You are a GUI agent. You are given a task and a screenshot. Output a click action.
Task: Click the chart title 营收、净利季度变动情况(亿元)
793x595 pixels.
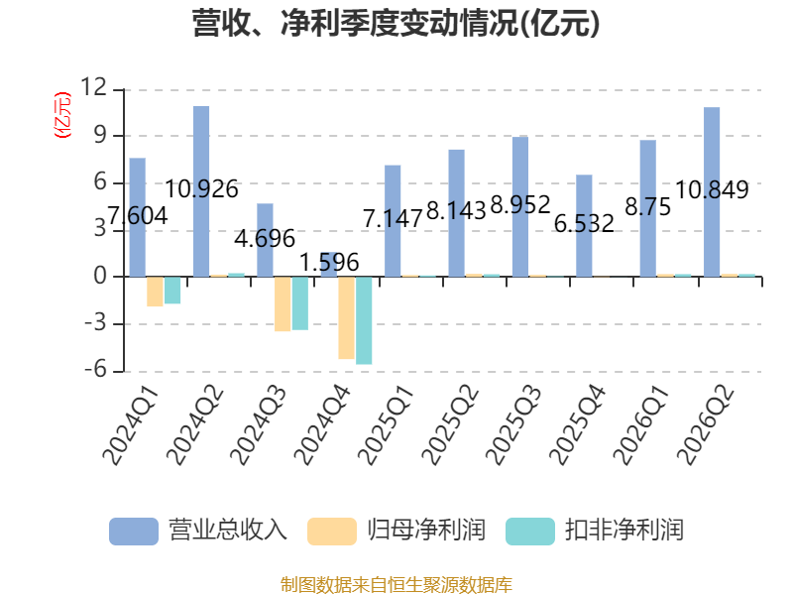[x=396, y=24]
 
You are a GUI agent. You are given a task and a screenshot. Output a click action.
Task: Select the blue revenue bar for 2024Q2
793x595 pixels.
[x=201, y=191]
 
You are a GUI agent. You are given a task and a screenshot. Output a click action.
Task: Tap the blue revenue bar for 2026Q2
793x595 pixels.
[x=712, y=191]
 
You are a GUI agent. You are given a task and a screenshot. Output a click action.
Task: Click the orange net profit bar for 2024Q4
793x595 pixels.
[x=346, y=317]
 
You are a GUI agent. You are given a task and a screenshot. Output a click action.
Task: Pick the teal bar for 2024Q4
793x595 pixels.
[x=364, y=320]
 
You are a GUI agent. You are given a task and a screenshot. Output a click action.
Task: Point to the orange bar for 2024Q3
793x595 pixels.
[x=283, y=303]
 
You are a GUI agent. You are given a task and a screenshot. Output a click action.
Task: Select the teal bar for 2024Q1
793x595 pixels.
[x=172, y=290]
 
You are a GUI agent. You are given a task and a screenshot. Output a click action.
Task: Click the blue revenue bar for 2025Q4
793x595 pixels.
[x=584, y=226]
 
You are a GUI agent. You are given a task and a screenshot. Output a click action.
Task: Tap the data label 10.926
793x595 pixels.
[x=201, y=189]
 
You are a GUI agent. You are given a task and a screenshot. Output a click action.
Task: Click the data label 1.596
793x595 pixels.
[x=329, y=263]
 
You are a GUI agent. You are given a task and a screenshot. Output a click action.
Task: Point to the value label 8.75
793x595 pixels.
[x=648, y=207]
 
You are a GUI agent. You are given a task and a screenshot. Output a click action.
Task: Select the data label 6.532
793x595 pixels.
[x=584, y=224]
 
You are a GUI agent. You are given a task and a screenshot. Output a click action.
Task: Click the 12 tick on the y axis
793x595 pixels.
[x=94, y=87]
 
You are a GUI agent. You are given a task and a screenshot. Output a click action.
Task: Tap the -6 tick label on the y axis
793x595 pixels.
[x=95, y=369]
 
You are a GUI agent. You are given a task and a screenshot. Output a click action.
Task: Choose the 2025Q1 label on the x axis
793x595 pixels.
[x=387, y=424]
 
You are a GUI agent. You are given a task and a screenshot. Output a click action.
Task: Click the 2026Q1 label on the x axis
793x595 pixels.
[x=641, y=424]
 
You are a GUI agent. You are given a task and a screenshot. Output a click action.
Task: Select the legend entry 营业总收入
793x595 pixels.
[x=198, y=531]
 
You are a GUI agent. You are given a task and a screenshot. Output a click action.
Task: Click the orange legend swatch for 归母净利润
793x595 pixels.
[x=332, y=532]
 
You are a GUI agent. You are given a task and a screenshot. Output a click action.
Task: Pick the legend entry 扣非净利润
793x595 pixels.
[x=595, y=531]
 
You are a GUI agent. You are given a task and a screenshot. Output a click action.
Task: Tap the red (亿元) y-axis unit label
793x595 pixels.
[x=62, y=115]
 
